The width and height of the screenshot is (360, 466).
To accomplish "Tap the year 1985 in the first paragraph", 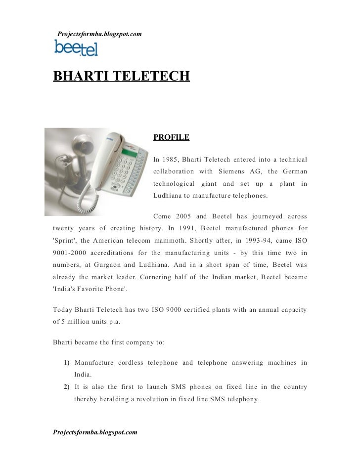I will pos(170,159).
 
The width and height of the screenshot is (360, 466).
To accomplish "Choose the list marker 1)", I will pos(67,363).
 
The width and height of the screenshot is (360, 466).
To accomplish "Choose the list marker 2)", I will pos(67,387).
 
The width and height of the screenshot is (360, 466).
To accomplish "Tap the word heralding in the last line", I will pos(113,399).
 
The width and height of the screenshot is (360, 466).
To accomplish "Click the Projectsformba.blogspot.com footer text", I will pos(95,432).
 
